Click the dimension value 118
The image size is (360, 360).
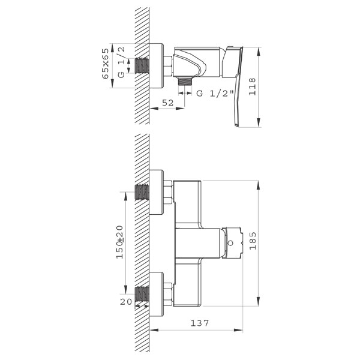pos(253,86)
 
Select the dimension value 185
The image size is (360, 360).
pos(253,241)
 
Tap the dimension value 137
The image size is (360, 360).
pos(200,323)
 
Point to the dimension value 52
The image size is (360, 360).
pos(168,103)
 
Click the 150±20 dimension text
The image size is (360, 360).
pos(119,242)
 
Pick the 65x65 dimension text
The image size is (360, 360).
pos(105,64)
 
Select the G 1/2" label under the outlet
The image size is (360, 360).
pos(215,94)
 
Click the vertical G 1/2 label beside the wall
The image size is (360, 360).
pos(121,62)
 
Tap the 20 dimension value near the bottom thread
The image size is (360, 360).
pos(126,302)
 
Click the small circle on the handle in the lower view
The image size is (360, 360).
pos(230,242)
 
